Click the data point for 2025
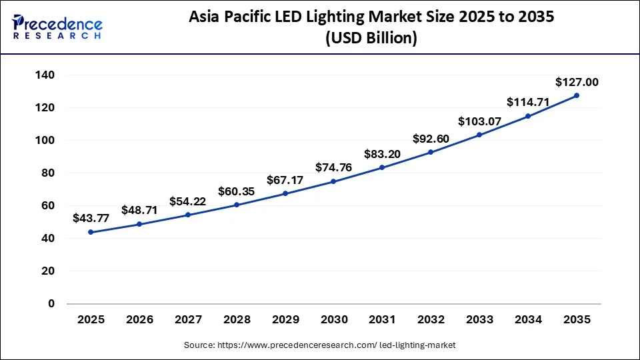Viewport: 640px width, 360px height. tap(91, 232)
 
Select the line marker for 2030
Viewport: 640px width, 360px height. tap(333, 181)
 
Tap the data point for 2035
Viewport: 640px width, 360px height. tap(577, 95)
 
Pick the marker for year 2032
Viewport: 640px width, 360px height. tap(431, 152)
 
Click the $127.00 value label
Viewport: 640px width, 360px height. tap(577, 83)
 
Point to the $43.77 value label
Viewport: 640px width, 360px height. tap(91, 219)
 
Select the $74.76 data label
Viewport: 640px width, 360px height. tap(333, 168)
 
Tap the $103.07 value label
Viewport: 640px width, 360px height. tap(479, 122)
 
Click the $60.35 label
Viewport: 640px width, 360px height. tap(236, 192)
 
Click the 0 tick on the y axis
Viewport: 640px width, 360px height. tap(51, 303)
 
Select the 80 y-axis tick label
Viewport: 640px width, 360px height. tap(48, 173)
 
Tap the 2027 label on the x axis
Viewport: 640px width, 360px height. tap(188, 319)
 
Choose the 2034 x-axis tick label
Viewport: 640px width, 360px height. tap(528, 319)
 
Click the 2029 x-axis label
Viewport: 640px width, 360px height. tap(285, 319)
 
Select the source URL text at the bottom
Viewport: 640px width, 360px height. tap(319, 345)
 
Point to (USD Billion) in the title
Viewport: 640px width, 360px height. tap(371, 39)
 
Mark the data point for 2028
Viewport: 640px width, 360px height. tap(236, 205)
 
